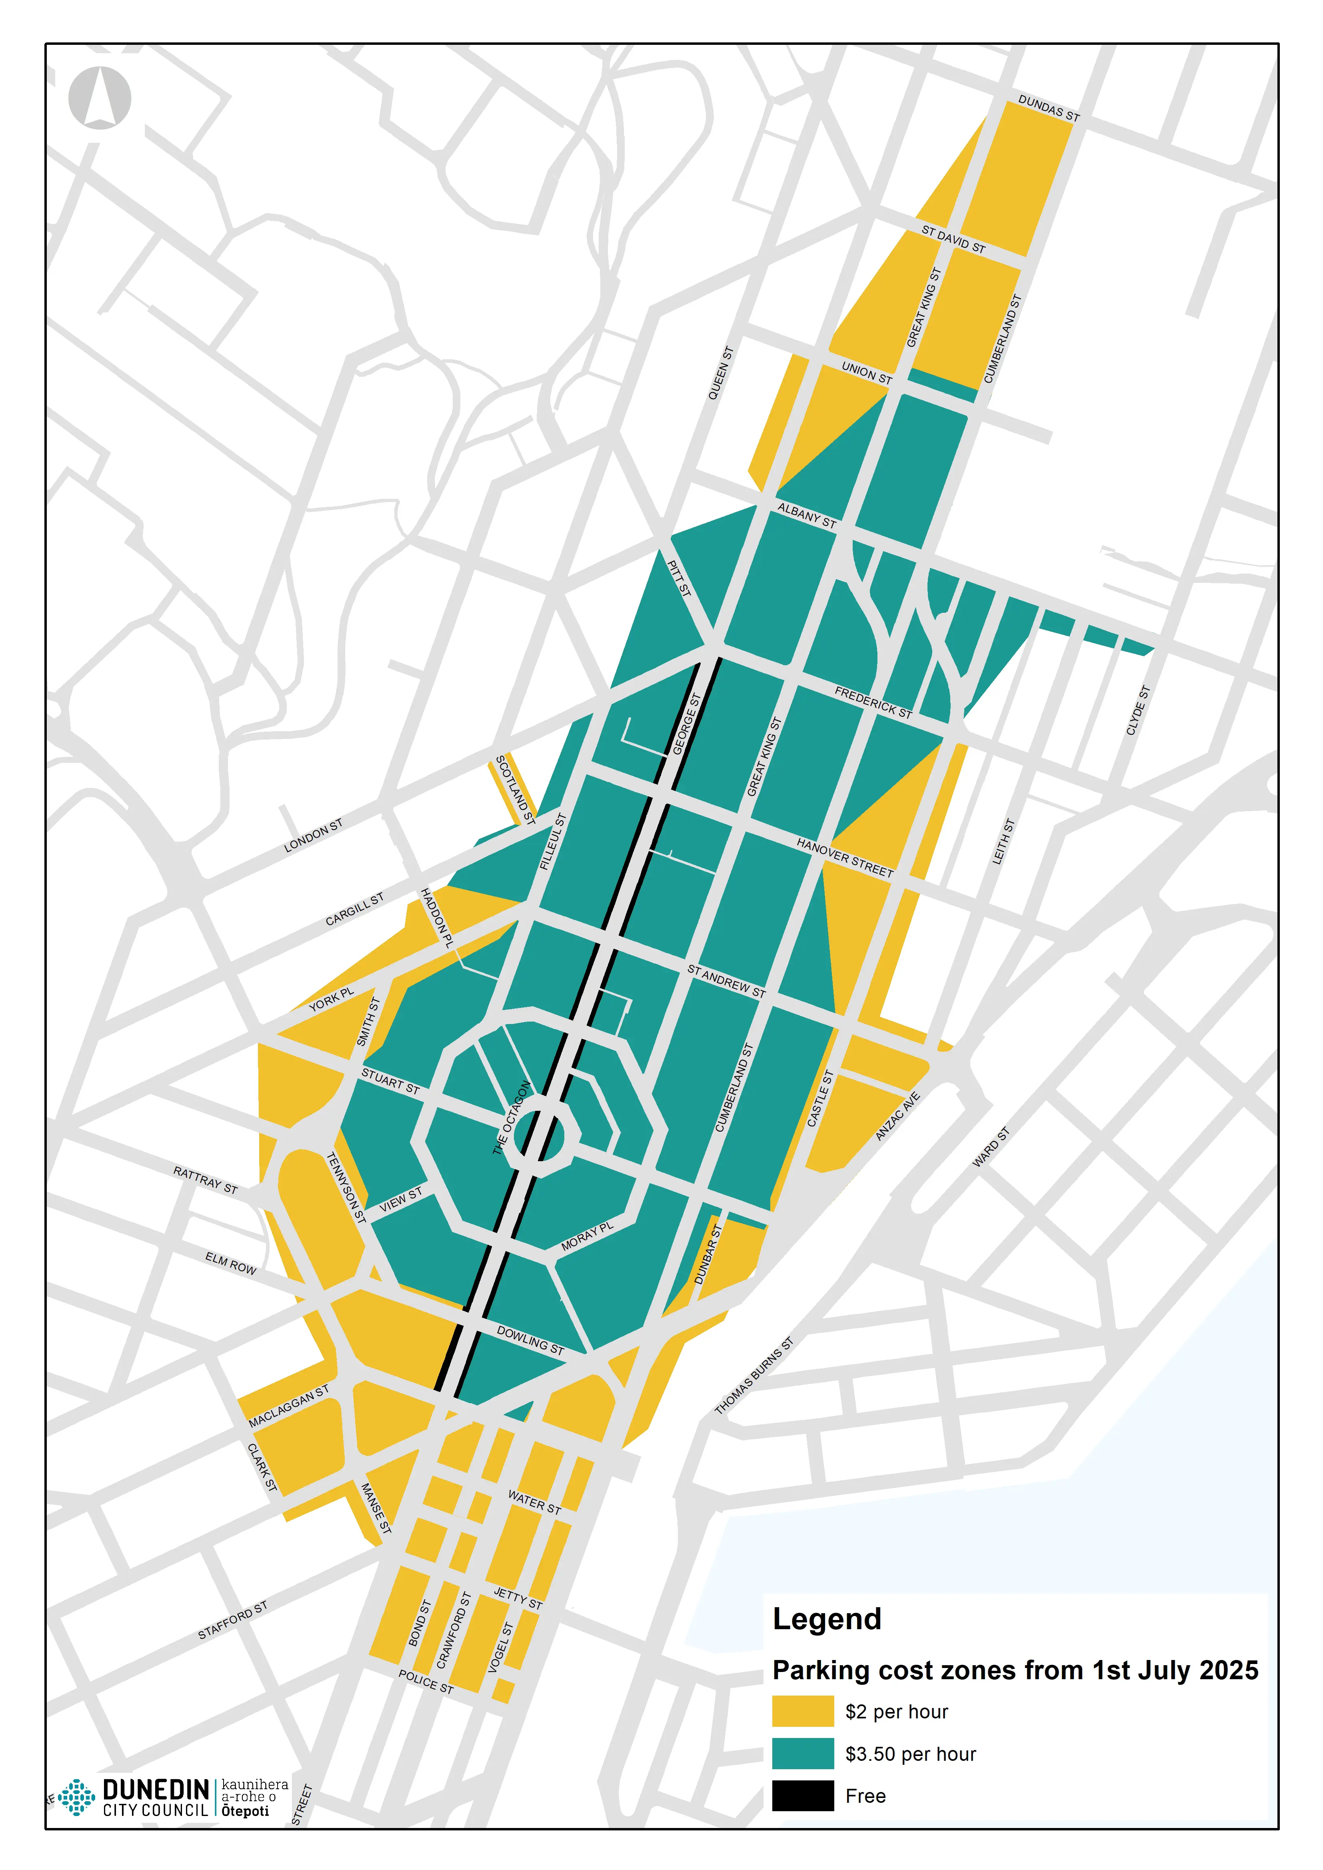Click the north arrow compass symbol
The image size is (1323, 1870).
[x=100, y=98]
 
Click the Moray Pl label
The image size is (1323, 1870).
[x=587, y=1236]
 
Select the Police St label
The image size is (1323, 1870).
[x=425, y=1681]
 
